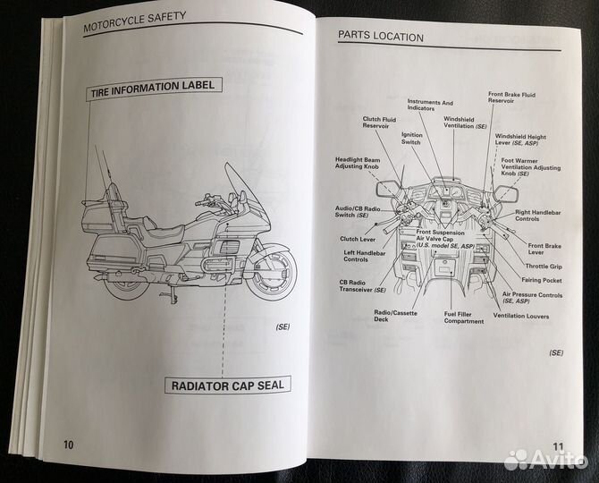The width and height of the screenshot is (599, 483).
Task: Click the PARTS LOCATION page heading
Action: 380,37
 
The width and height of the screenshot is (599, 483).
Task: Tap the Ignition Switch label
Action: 411,139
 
